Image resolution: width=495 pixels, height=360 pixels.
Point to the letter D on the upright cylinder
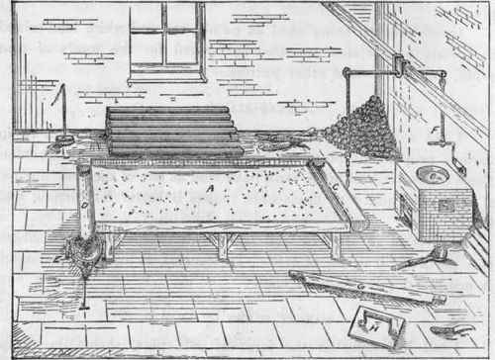click(87, 205)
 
